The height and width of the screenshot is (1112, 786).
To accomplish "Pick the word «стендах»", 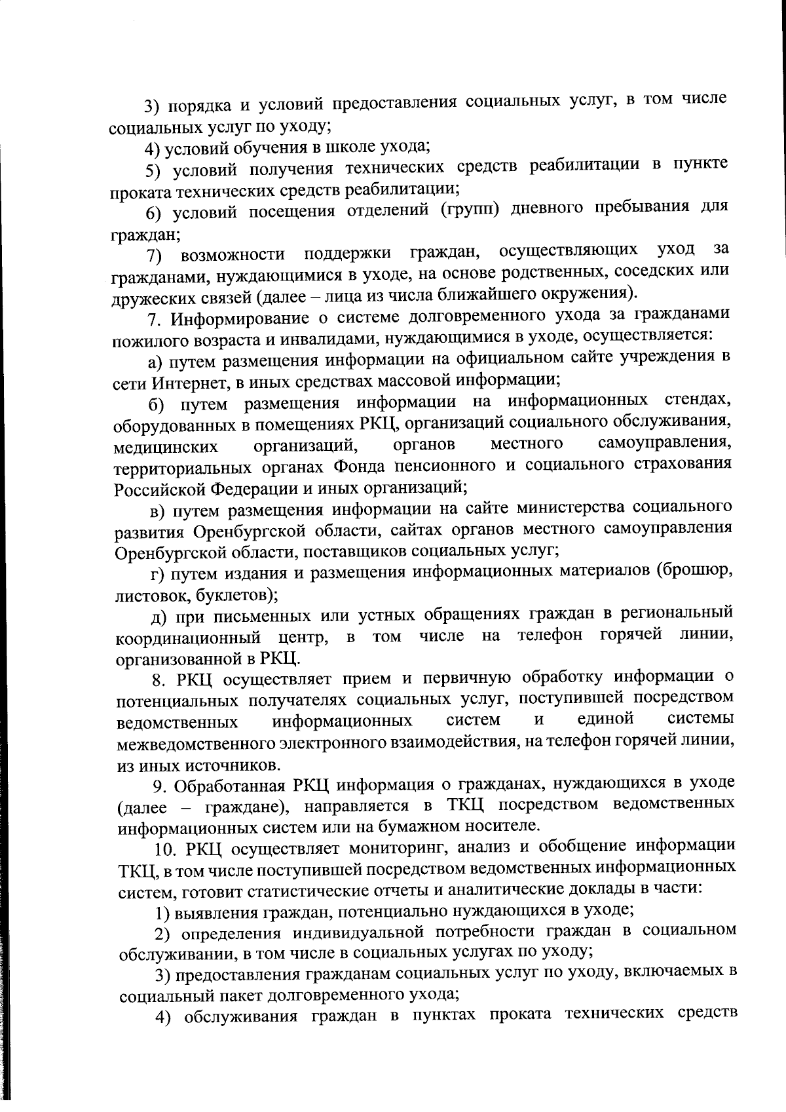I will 696,400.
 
